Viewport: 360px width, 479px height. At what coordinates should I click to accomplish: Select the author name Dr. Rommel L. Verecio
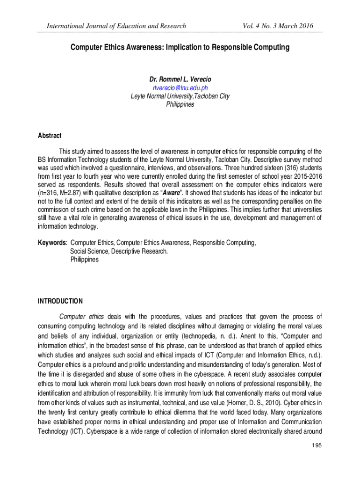pos(180,80)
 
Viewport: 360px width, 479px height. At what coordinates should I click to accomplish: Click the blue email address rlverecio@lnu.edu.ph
pos(180,88)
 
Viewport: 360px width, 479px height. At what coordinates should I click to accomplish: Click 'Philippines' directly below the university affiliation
pos(180,104)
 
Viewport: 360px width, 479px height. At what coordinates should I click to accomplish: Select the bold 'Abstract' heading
pos(50,136)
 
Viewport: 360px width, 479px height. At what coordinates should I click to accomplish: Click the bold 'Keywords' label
pos(52,243)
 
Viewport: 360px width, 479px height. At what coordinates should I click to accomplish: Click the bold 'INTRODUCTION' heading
pos(60,301)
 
